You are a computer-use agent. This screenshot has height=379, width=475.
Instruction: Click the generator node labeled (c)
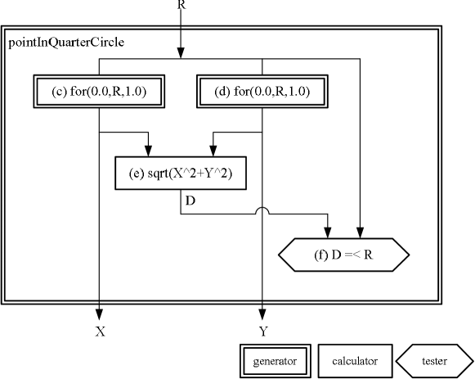pyautogui.click(x=99, y=92)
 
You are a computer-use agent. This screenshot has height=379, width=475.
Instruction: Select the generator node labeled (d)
pyautogui.click(x=262, y=92)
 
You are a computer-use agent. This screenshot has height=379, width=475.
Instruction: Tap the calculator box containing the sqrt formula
pyautogui.click(x=181, y=174)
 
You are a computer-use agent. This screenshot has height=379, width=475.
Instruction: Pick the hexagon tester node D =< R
pyautogui.click(x=343, y=255)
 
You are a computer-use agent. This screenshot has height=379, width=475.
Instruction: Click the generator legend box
pyautogui.click(x=275, y=360)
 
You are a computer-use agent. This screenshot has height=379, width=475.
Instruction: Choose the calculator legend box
pyautogui.click(x=353, y=360)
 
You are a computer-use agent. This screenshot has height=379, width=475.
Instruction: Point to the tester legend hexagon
pyautogui.click(x=434, y=360)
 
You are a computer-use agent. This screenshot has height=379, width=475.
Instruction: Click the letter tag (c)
pyautogui.click(x=59, y=92)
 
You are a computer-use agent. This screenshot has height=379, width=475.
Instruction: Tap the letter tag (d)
pyautogui.click(x=222, y=92)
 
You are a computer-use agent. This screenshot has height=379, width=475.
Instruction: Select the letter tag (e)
pyautogui.click(x=137, y=174)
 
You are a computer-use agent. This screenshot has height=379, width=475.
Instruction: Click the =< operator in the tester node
pyautogui.click(x=352, y=255)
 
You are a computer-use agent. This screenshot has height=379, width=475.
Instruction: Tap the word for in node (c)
pyautogui.click(x=78, y=92)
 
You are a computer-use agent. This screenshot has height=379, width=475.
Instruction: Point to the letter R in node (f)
pyautogui.click(x=368, y=255)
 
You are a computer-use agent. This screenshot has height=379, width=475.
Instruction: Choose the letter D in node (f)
pyautogui.click(x=336, y=255)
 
